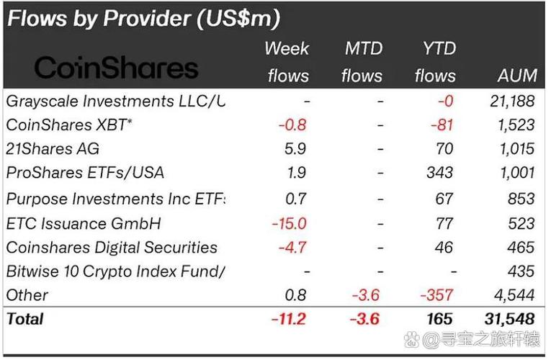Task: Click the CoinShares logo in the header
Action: coord(116,68)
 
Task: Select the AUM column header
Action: coord(517,76)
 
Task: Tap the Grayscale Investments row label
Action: coord(116,102)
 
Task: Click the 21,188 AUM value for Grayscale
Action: coord(512,101)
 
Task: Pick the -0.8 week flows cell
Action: coord(292,125)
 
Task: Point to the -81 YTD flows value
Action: coord(442,125)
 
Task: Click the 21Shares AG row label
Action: coord(53,148)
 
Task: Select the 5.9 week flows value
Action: coord(295,148)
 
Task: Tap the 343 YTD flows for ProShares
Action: coord(440,173)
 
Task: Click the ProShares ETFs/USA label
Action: coord(85,173)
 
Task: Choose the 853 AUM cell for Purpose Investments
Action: coord(521,199)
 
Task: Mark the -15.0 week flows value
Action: coord(290,223)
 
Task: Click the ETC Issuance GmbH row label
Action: coord(84,224)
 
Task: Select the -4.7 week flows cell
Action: coord(292,247)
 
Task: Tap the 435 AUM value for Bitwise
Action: coord(521,271)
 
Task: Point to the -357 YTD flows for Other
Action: coord(436,295)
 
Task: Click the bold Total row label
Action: coord(25,319)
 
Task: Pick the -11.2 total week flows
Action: coord(289,319)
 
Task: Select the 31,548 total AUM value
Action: coord(509,319)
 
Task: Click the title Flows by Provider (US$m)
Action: coord(144,18)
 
